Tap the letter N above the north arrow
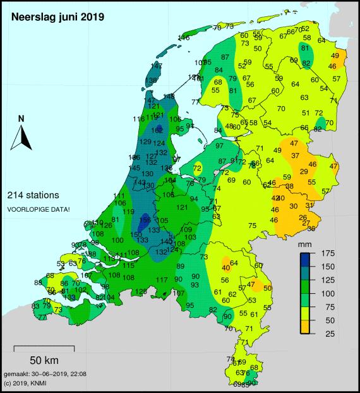21,118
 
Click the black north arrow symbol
21,137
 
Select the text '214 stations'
33,195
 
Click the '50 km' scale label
44,361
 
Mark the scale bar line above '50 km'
44,348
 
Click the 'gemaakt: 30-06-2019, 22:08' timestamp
45,374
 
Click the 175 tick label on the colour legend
327,253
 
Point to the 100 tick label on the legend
327,293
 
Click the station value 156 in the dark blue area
145,219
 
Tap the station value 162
157,130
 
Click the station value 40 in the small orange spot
225,267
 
